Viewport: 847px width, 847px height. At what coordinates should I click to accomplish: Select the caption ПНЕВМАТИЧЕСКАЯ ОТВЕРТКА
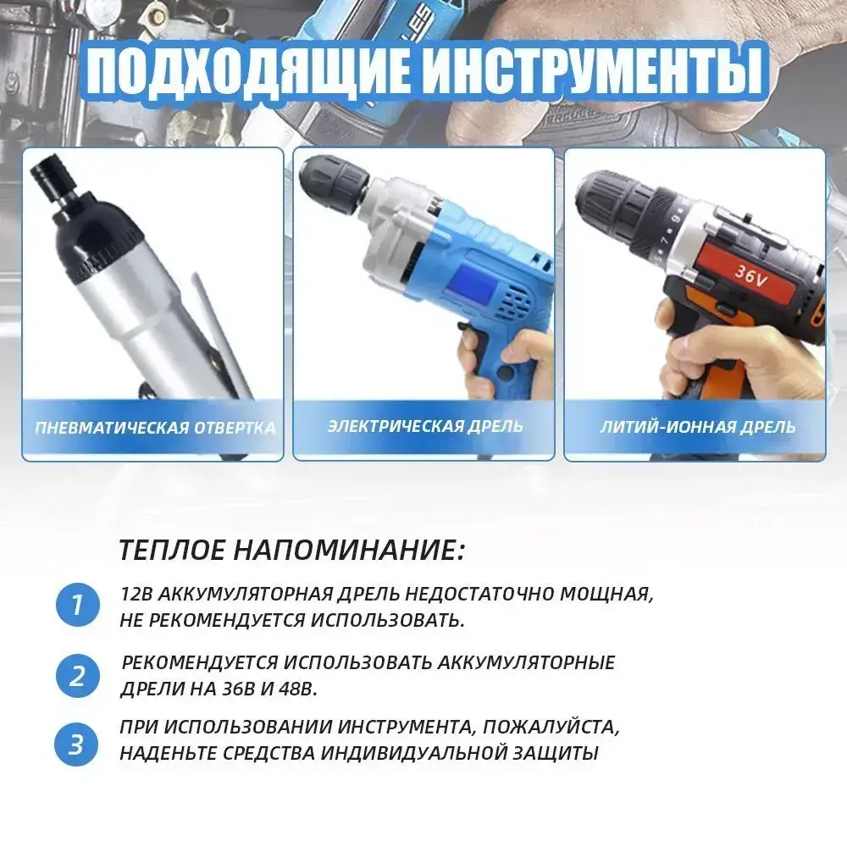point(154,427)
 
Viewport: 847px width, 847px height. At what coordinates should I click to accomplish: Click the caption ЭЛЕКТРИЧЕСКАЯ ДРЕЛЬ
point(425,425)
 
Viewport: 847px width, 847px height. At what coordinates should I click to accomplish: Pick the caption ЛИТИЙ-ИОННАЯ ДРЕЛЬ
point(697,426)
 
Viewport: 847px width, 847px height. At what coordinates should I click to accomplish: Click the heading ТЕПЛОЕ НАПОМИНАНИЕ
point(291,551)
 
